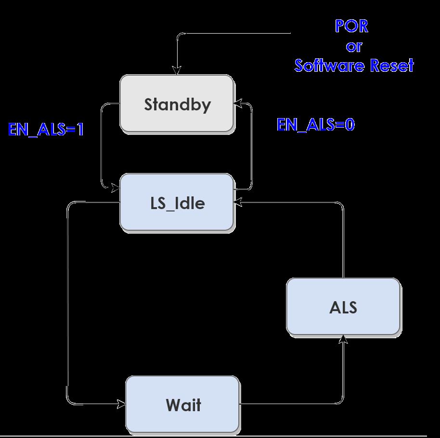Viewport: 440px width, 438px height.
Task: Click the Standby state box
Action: click(x=176, y=103)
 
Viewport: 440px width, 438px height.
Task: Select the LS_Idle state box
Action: click(x=176, y=202)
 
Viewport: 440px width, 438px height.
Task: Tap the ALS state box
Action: click(x=343, y=306)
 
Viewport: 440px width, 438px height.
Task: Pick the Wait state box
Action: click(x=182, y=404)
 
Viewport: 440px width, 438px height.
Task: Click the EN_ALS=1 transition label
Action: click(x=46, y=129)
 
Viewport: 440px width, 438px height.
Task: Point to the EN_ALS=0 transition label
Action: click(x=316, y=125)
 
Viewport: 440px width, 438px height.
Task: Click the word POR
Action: click(x=352, y=26)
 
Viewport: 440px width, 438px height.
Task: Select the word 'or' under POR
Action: click(x=354, y=46)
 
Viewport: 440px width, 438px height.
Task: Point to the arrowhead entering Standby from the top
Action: click(x=177, y=71)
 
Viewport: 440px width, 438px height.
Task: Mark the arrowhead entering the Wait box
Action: click(x=121, y=403)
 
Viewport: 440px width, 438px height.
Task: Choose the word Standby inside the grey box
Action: click(x=177, y=104)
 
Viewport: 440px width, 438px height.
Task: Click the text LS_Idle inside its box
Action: click(x=177, y=203)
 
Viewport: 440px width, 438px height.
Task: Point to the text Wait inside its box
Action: click(x=183, y=405)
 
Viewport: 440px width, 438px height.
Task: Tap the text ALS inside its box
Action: click(x=343, y=307)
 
